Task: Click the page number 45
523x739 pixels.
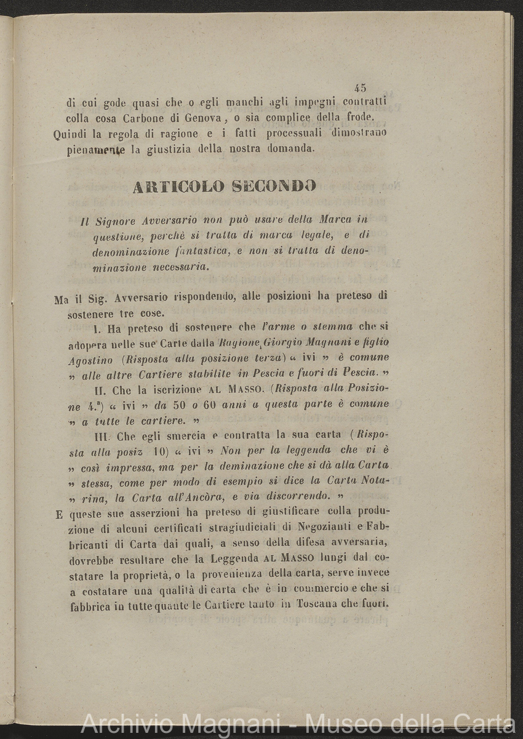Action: tap(361, 88)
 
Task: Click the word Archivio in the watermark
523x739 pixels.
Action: tap(122, 724)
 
